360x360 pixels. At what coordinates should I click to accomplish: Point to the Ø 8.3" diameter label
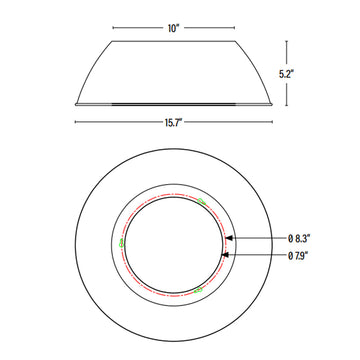pyautogui.click(x=303, y=238)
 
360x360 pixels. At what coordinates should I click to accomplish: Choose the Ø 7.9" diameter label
pyautogui.click(x=303, y=256)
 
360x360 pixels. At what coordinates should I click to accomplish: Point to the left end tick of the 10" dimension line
pyautogui.click(x=112, y=27)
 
